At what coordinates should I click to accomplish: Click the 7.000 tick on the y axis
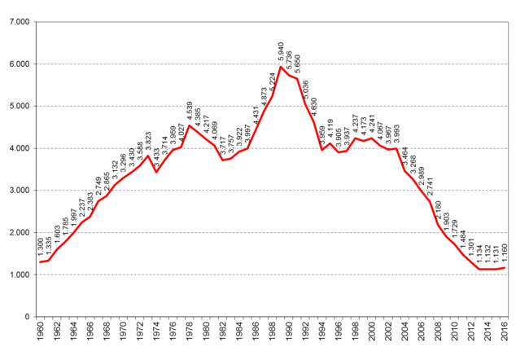(18, 22)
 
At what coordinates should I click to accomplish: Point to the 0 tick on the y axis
(27, 317)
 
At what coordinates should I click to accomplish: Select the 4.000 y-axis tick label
(18, 148)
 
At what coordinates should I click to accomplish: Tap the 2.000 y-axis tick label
(18, 233)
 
